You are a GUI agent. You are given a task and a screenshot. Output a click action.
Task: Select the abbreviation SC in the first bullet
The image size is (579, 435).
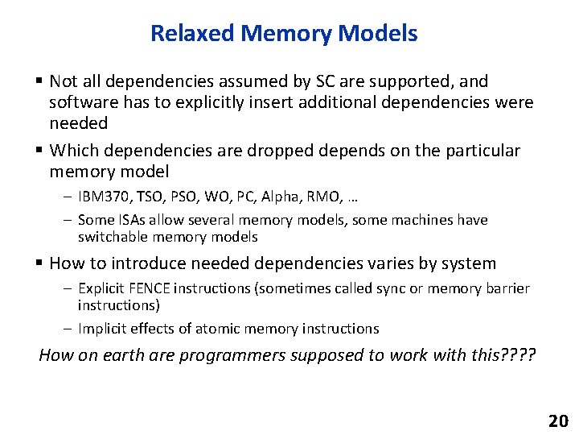pos(296,81)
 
